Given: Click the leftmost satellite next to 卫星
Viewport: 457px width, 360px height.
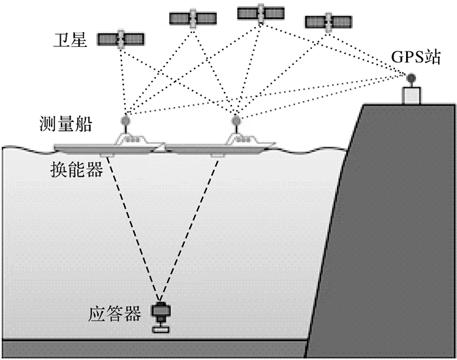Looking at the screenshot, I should (121, 40).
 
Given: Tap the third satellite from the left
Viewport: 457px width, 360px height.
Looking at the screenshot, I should (260, 13).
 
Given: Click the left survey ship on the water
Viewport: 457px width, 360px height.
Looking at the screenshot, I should (108, 145).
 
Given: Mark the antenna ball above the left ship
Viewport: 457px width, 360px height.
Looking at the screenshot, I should (126, 121).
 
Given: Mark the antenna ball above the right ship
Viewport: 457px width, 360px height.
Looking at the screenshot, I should (236, 121).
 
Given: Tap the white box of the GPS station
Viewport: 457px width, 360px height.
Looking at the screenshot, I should (412, 95).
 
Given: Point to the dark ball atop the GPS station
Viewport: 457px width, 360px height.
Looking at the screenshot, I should (412, 79).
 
